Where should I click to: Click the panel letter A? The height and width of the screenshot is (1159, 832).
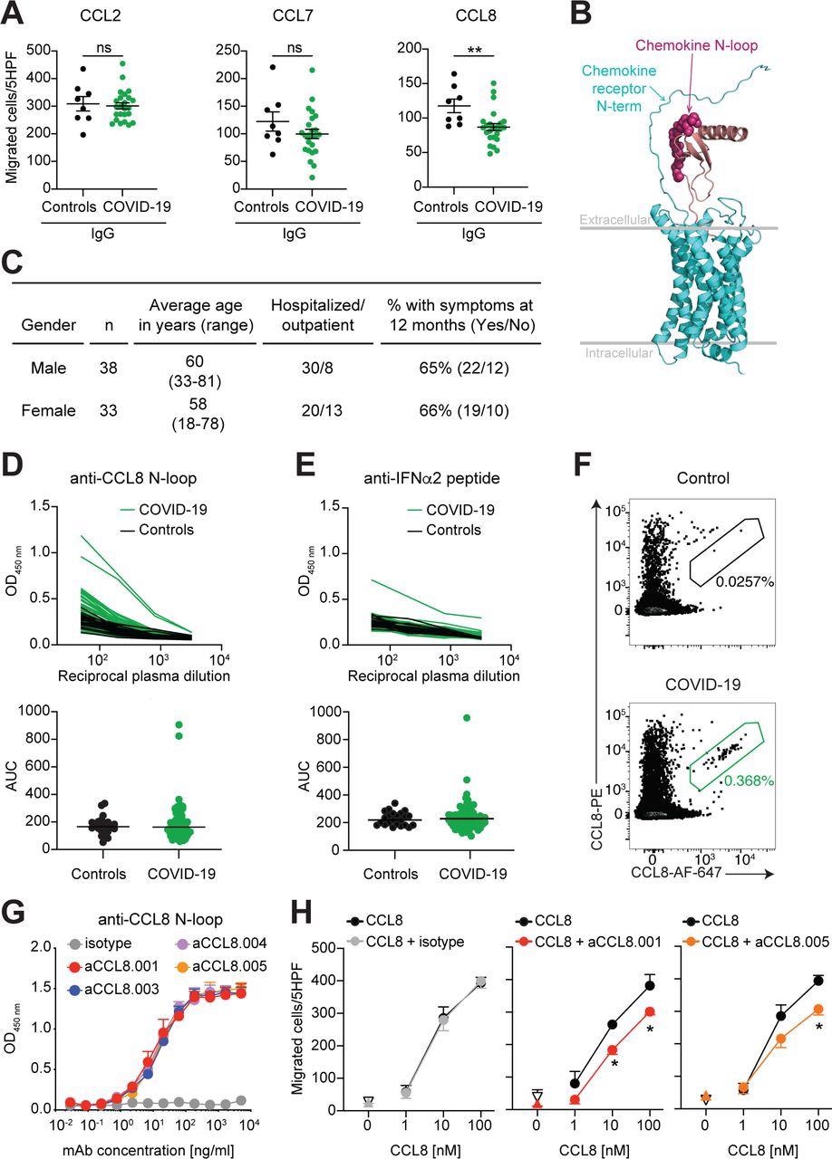tap(15, 13)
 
